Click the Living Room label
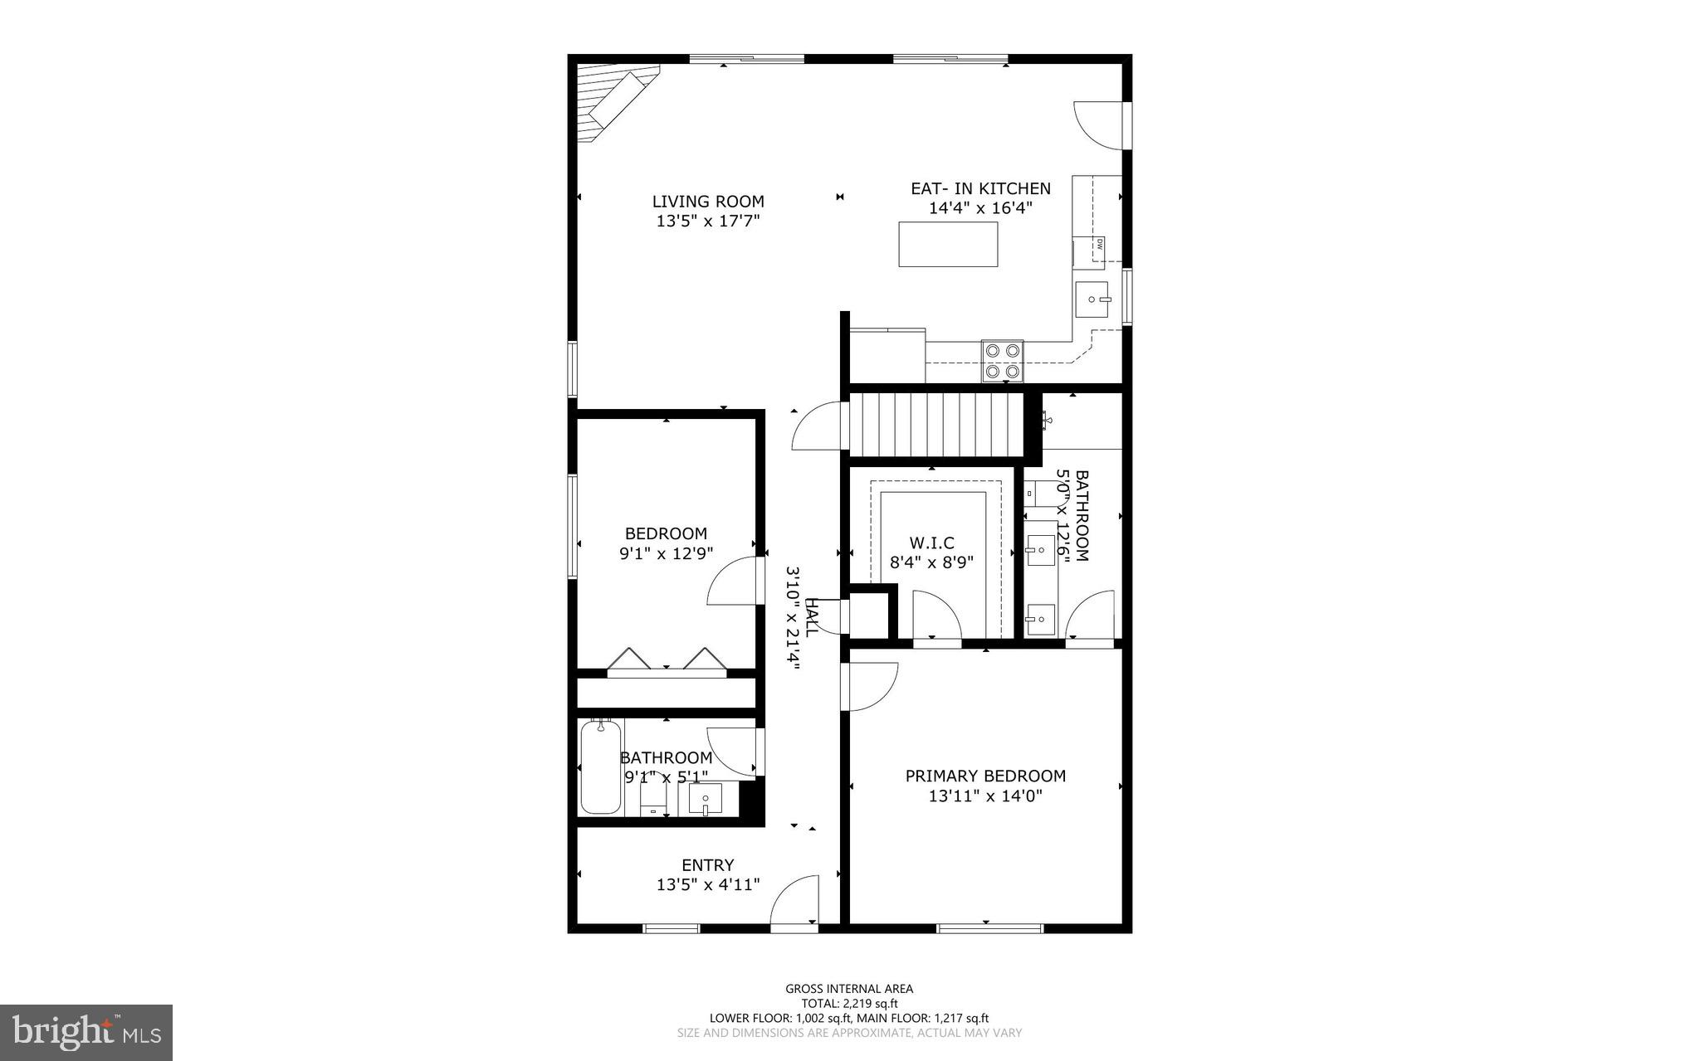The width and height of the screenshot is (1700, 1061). pos(707,202)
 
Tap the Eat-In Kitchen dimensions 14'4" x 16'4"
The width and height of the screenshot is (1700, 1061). pos(979,209)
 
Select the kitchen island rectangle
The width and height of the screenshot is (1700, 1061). pos(948,244)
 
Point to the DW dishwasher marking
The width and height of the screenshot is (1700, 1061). pos(1098,244)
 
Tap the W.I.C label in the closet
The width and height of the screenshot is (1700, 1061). pos(931,543)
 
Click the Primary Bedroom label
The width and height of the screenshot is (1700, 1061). pos(985,776)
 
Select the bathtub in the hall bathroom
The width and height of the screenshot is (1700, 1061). pos(600,767)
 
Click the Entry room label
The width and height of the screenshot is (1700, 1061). pos(707,865)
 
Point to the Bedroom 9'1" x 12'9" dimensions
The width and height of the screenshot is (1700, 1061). pos(666,553)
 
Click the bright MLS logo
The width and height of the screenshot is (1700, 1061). pos(86,1032)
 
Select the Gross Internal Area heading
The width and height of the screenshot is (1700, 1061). pos(849,988)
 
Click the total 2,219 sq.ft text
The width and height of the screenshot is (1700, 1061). pos(849,1003)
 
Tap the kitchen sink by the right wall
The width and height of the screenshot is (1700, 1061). pos(1091,299)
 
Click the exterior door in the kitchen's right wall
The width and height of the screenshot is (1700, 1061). pos(1102,126)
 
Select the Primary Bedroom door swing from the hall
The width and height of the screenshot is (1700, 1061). pos(868,688)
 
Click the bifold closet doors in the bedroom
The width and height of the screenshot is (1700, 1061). pos(667,659)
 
